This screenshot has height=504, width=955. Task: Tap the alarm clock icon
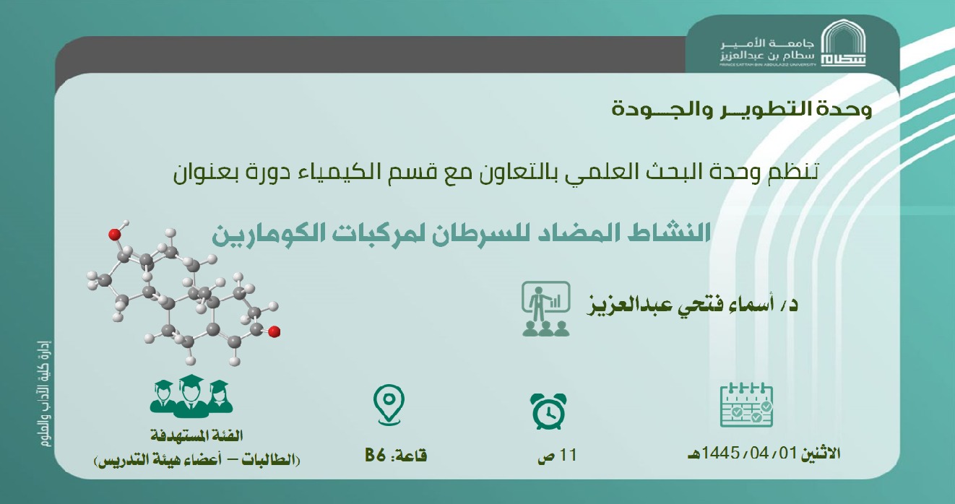pyautogui.click(x=547, y=411)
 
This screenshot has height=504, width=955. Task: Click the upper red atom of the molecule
pyautogui.click(x=114, y=234)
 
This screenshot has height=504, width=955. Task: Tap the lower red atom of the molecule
pyautogui.click(x=274, y=331)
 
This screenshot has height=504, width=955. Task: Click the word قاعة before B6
pyautogui.click(x=412, y=456)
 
